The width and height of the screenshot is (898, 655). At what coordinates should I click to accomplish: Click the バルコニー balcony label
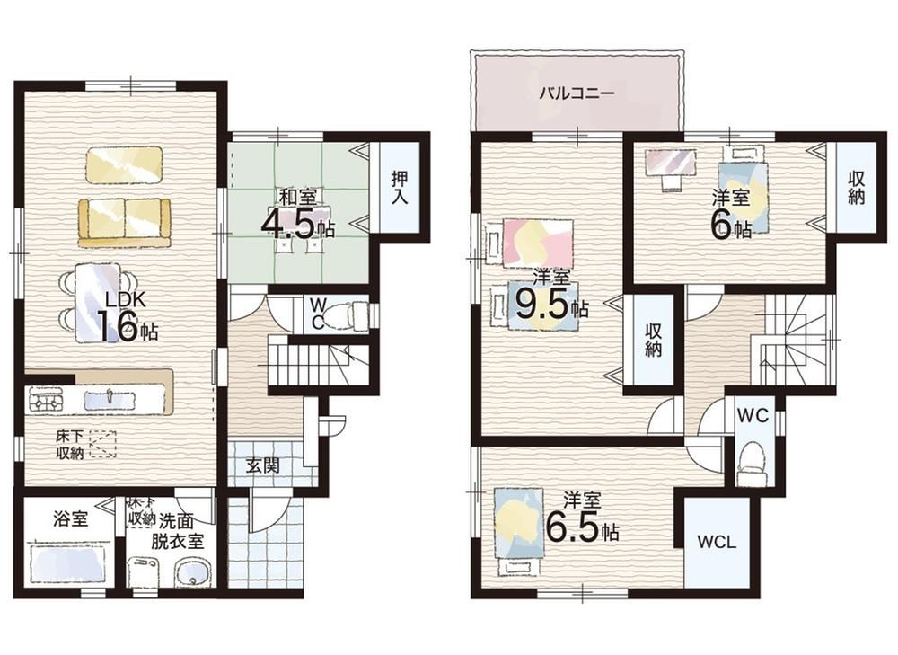point(577,93)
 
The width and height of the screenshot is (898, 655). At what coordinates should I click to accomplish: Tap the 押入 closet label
point(400,188)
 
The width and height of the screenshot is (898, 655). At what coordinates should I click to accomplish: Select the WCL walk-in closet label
point(717,542)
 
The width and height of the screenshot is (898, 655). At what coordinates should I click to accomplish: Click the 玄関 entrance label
point(263,465)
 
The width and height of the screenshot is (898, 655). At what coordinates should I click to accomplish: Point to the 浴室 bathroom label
point(70,519)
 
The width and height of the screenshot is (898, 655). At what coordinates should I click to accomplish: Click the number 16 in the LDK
point(118,327)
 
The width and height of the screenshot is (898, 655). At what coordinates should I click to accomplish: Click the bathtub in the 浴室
point(70,564)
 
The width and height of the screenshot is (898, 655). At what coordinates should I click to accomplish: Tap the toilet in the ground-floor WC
point(356,315)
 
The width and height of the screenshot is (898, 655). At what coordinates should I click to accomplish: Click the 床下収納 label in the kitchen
point(70,444)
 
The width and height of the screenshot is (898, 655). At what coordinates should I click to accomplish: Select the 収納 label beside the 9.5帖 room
point(654,340)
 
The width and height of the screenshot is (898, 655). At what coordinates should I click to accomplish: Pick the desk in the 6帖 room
point(670,161)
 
